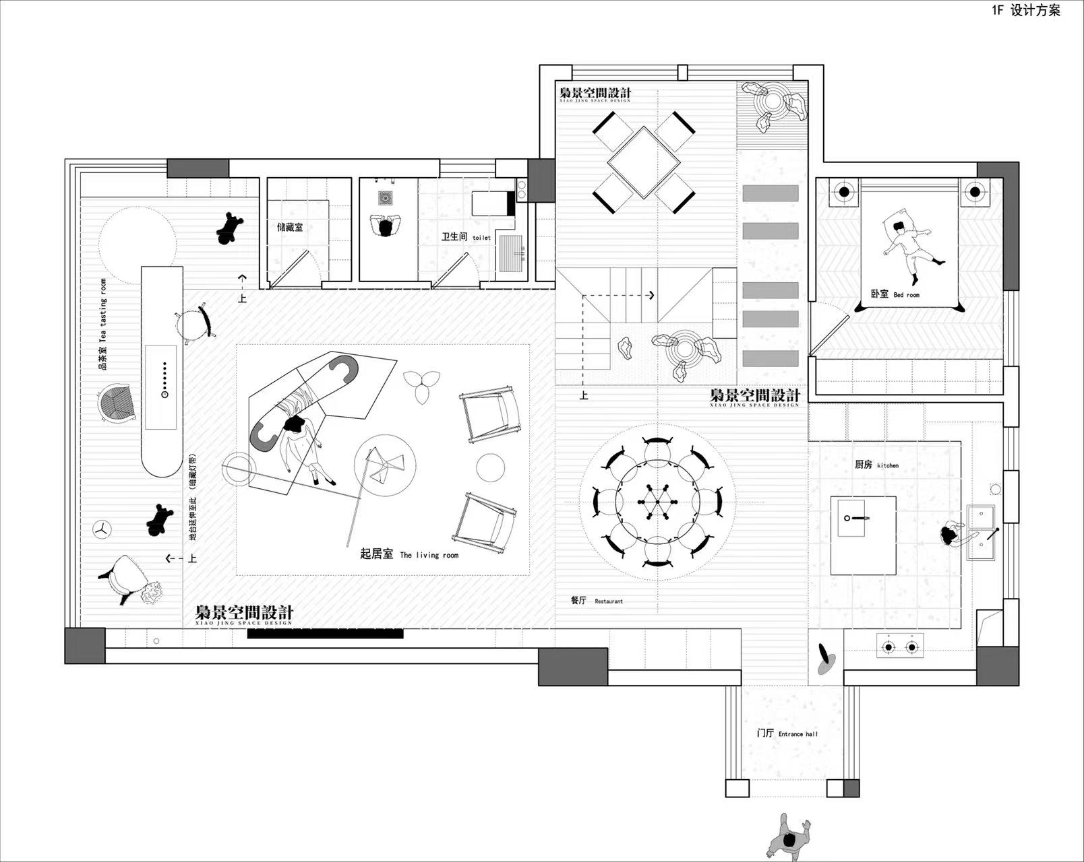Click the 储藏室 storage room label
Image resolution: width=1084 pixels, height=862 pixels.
pos(290,228)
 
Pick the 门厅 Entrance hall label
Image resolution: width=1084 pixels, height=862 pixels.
pos(787,733)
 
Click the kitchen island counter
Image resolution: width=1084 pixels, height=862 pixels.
pos(863,535)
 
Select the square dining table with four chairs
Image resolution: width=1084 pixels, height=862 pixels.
pos(643,162)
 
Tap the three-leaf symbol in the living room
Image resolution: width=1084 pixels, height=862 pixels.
pos(422,385)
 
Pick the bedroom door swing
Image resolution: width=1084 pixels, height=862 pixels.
pos(828,333)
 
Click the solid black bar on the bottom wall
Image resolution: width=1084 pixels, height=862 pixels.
pos(325,634)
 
